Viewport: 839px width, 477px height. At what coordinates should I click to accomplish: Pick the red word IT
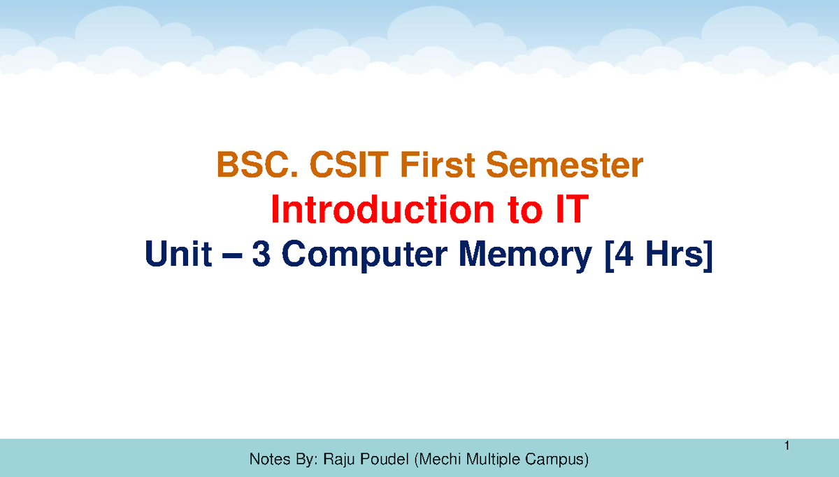pos(564,211)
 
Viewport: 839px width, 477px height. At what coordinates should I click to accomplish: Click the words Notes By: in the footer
pos(282,460)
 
